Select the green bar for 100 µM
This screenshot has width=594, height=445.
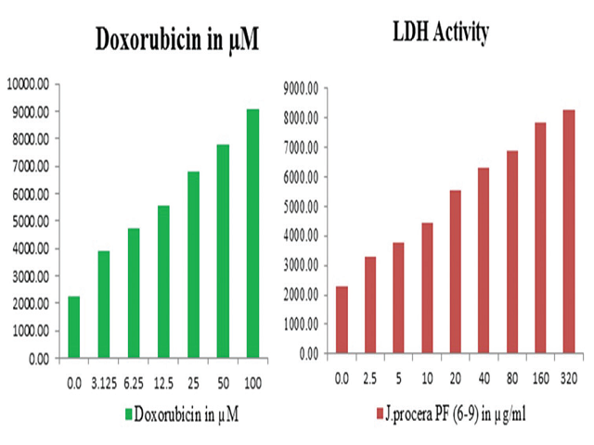point(252,233)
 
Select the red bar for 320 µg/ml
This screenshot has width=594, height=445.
point(569,232)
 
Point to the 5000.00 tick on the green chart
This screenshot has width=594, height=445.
point(35,222)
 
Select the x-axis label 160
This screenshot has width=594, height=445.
point(539,377)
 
